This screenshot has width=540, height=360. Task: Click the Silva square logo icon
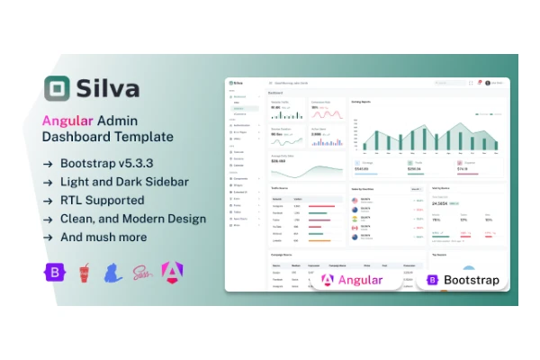click(59, 90)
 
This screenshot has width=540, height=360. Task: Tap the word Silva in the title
click(112, 90)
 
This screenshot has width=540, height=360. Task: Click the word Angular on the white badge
click(360, 280)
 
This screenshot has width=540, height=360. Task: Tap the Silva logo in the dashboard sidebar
click(238, 83)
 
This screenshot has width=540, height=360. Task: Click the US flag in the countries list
click(355, 201)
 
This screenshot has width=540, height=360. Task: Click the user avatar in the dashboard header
click(487, 83)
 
